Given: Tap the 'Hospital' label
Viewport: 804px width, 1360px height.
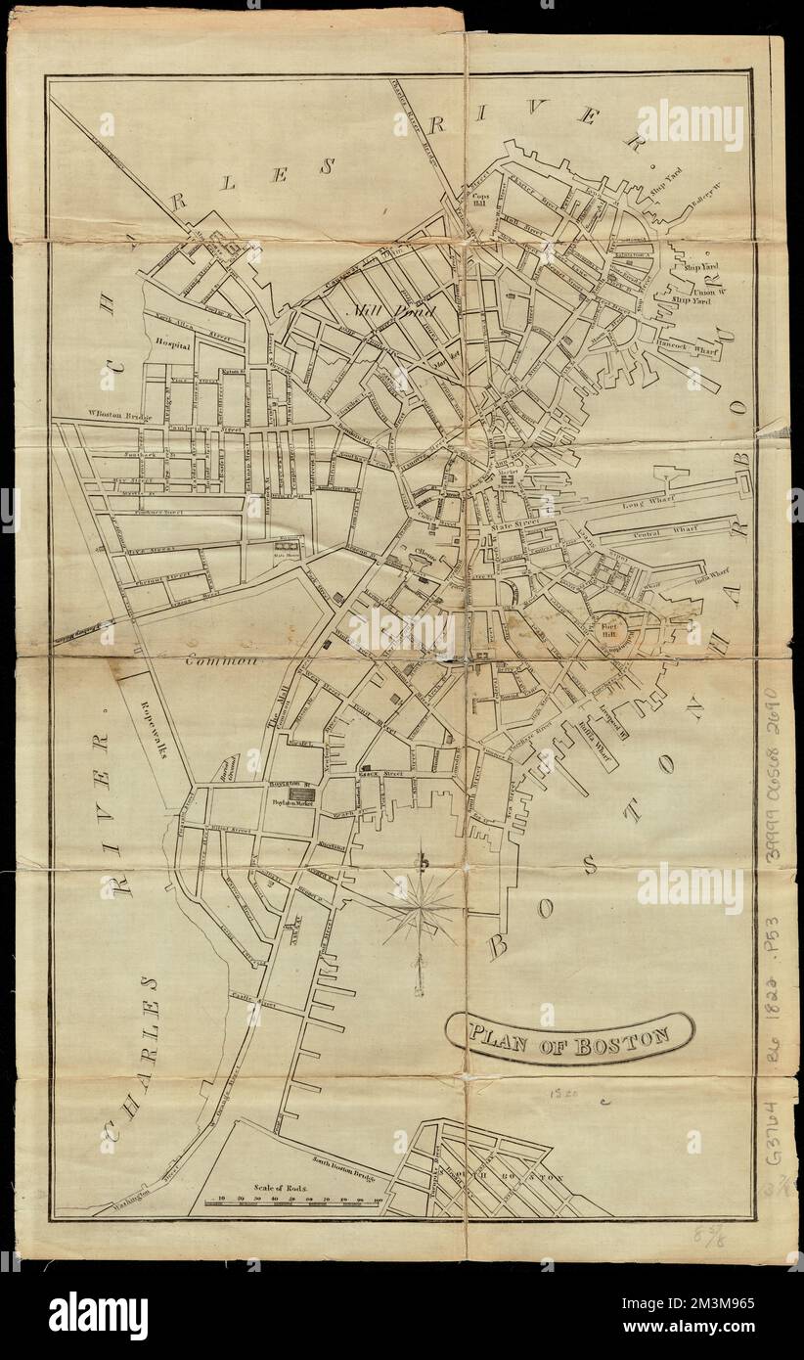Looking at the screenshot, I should click(171, 343).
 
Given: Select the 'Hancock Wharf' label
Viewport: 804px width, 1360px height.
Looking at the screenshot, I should click(684, 345).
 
